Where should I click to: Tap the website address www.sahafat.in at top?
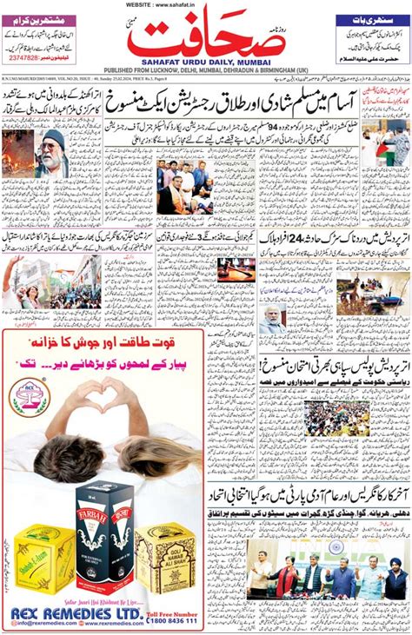click(x=205, y=4)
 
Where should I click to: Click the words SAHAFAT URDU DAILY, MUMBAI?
click(x=206, y=63)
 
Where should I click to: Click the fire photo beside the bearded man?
click(x=18, y=153)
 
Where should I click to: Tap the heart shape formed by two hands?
click(x=103, y=398)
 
